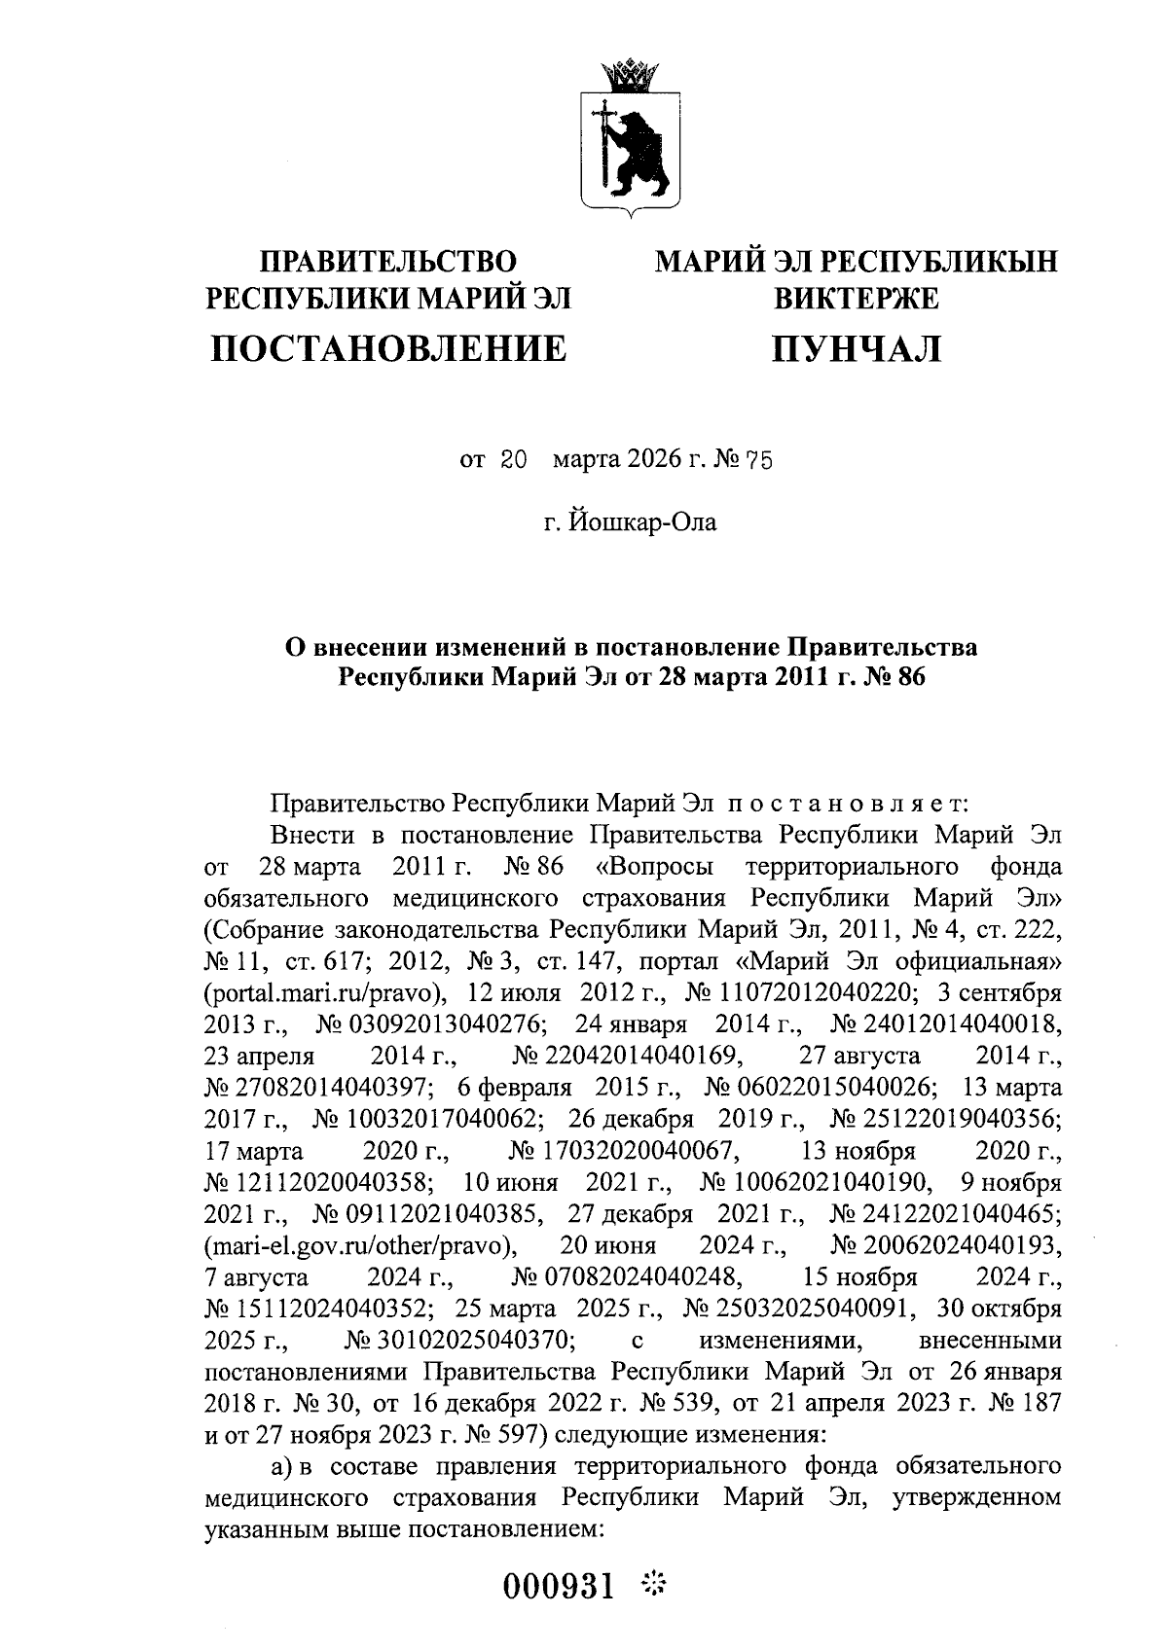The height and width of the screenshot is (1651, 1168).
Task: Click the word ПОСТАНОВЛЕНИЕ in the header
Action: point(388,347)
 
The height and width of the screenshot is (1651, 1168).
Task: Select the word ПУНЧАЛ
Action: point(857,347)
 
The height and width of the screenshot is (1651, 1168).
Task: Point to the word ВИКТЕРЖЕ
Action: point(857,298)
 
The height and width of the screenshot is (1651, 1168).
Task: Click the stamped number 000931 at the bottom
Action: point(559,1588)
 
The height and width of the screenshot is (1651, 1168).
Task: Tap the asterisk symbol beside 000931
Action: point(652,1586)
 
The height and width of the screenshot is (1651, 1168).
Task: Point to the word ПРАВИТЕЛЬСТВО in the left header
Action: point(388,262)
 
